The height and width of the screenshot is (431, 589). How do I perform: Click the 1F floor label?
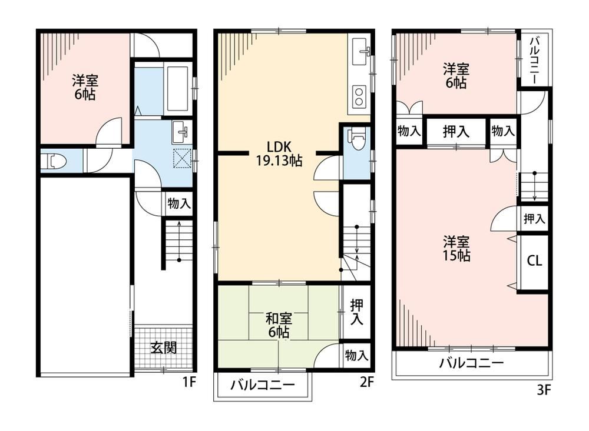click(189, 382)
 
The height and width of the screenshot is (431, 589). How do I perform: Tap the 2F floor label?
click(367, 382)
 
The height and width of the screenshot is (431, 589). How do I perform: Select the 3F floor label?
click(543, 390)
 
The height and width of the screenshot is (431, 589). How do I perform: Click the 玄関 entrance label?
click(163, 348)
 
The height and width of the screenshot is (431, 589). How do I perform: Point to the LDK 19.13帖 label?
click(279, 153)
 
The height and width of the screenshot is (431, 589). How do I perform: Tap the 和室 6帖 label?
click(279, 325)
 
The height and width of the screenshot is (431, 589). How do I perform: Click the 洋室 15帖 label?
click(456, 248)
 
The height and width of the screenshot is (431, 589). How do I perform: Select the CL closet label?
click(534, 260)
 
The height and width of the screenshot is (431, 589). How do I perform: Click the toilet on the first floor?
click(54, 162)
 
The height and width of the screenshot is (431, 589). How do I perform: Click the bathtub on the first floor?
click(177, 89)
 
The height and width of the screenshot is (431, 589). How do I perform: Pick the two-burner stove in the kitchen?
click(359, 96)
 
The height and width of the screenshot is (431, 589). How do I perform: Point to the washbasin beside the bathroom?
click(181, 132)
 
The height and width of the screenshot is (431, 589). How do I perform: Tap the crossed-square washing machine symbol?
click(182, 158)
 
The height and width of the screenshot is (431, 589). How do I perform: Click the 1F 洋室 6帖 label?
click(85, 87)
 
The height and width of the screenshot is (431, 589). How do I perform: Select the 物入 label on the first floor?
click(179, 203)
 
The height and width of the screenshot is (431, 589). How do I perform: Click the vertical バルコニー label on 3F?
click(534, 60)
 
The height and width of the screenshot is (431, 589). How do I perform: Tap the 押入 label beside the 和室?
click(356, 312)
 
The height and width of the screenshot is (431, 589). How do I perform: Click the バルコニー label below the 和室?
click(263, 385)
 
